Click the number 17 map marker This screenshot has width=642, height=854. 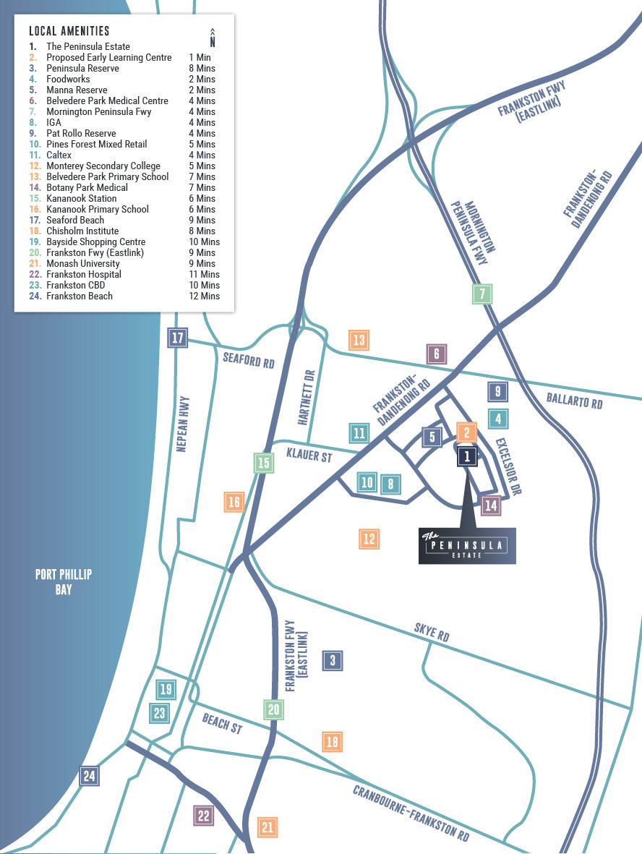click(x=178, y=338)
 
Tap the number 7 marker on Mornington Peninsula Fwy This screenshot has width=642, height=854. click(x=482, y=294)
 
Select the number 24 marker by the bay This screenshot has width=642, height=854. click(x=89, y=776)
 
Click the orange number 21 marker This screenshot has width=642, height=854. click(x=268, y=827)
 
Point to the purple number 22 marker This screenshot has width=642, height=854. click(x=204, y=816)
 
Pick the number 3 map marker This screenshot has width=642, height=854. click(x=333, y=659)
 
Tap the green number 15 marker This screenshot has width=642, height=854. click(x=264, y=463)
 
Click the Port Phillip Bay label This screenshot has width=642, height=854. click(x=64, y=581)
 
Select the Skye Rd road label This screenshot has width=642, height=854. click(x=432, y=634)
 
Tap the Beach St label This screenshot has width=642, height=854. click(x=222, y=724)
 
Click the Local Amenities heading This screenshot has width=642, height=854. click(x=69, y=31)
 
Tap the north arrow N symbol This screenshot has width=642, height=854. click(x=213, y=37)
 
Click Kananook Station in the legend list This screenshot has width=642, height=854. click(x=81, y=198)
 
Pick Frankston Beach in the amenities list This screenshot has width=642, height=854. click(x=80, y=296)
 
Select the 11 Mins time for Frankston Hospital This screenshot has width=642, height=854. click(x=204, y=274)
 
